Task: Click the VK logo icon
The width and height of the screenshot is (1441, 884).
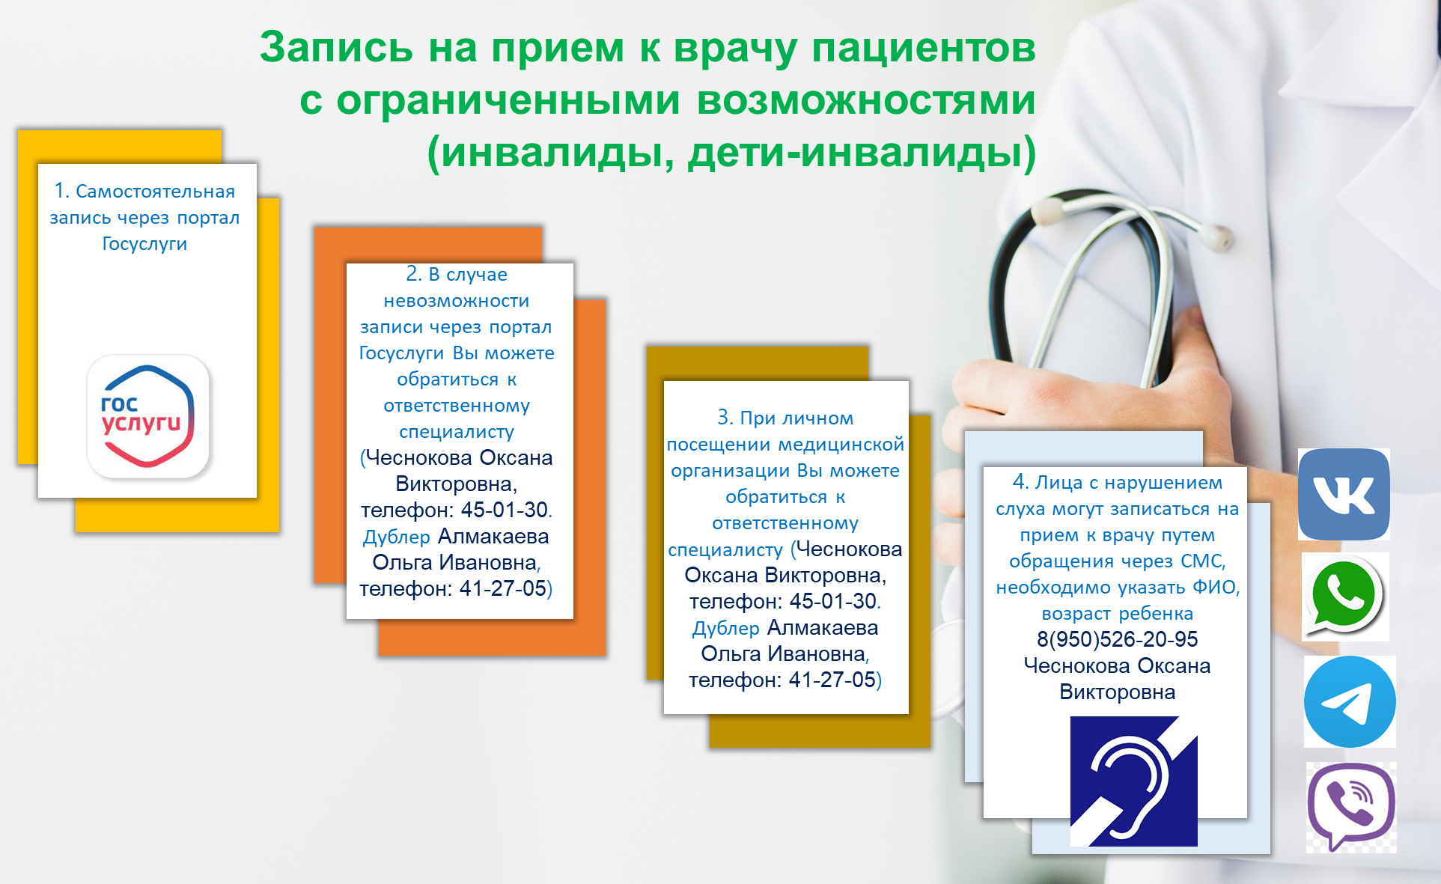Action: point(1344,494)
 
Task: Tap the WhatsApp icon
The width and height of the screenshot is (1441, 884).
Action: point(1345,597)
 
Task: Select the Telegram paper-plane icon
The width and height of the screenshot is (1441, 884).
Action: point(1350,701)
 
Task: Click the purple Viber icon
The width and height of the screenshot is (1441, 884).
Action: point(1351,806)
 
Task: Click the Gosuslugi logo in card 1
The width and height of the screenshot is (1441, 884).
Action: point(147,416)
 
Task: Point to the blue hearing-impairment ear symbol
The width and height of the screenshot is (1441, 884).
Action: point(1133,781)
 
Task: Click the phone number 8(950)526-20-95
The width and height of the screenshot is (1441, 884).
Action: point(1117,639)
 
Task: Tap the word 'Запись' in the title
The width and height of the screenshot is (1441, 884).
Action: point(336,47)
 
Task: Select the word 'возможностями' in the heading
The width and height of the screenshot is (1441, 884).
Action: point(866,100)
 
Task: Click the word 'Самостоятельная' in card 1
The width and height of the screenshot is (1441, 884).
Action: point(155,192)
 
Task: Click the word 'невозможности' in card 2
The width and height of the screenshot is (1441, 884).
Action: point(457,301)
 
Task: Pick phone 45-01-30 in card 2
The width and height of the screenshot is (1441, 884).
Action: point(505,510)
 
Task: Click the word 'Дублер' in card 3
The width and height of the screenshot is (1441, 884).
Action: point(725,628)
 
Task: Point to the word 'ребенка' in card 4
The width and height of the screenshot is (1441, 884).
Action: point(1156,614)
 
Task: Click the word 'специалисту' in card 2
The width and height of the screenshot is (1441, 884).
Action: point(457,432)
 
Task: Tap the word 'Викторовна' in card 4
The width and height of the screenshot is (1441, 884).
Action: point(1117,692)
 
